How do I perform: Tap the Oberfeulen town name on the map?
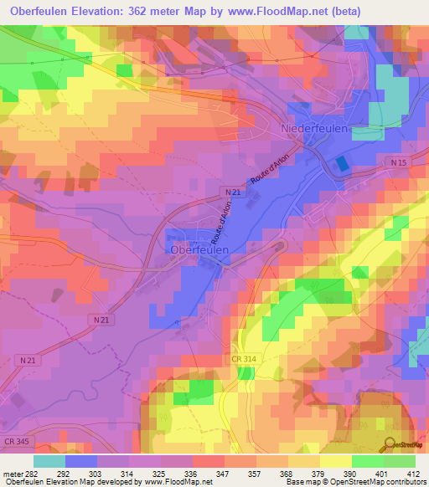[x=195, y=249]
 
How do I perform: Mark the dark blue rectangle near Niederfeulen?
[x=341, y=164]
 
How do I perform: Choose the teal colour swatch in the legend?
[x=49, y=461]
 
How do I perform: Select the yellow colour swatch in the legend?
[x=336, y=461]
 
